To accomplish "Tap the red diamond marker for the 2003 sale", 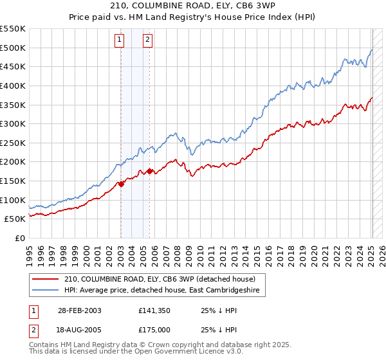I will click(121, 184).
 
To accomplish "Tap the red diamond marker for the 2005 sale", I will click(149, 171).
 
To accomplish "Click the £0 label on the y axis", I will click(19, 238).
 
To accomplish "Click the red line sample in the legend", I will click(45, 279).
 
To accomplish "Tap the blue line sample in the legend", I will click(45, 291).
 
